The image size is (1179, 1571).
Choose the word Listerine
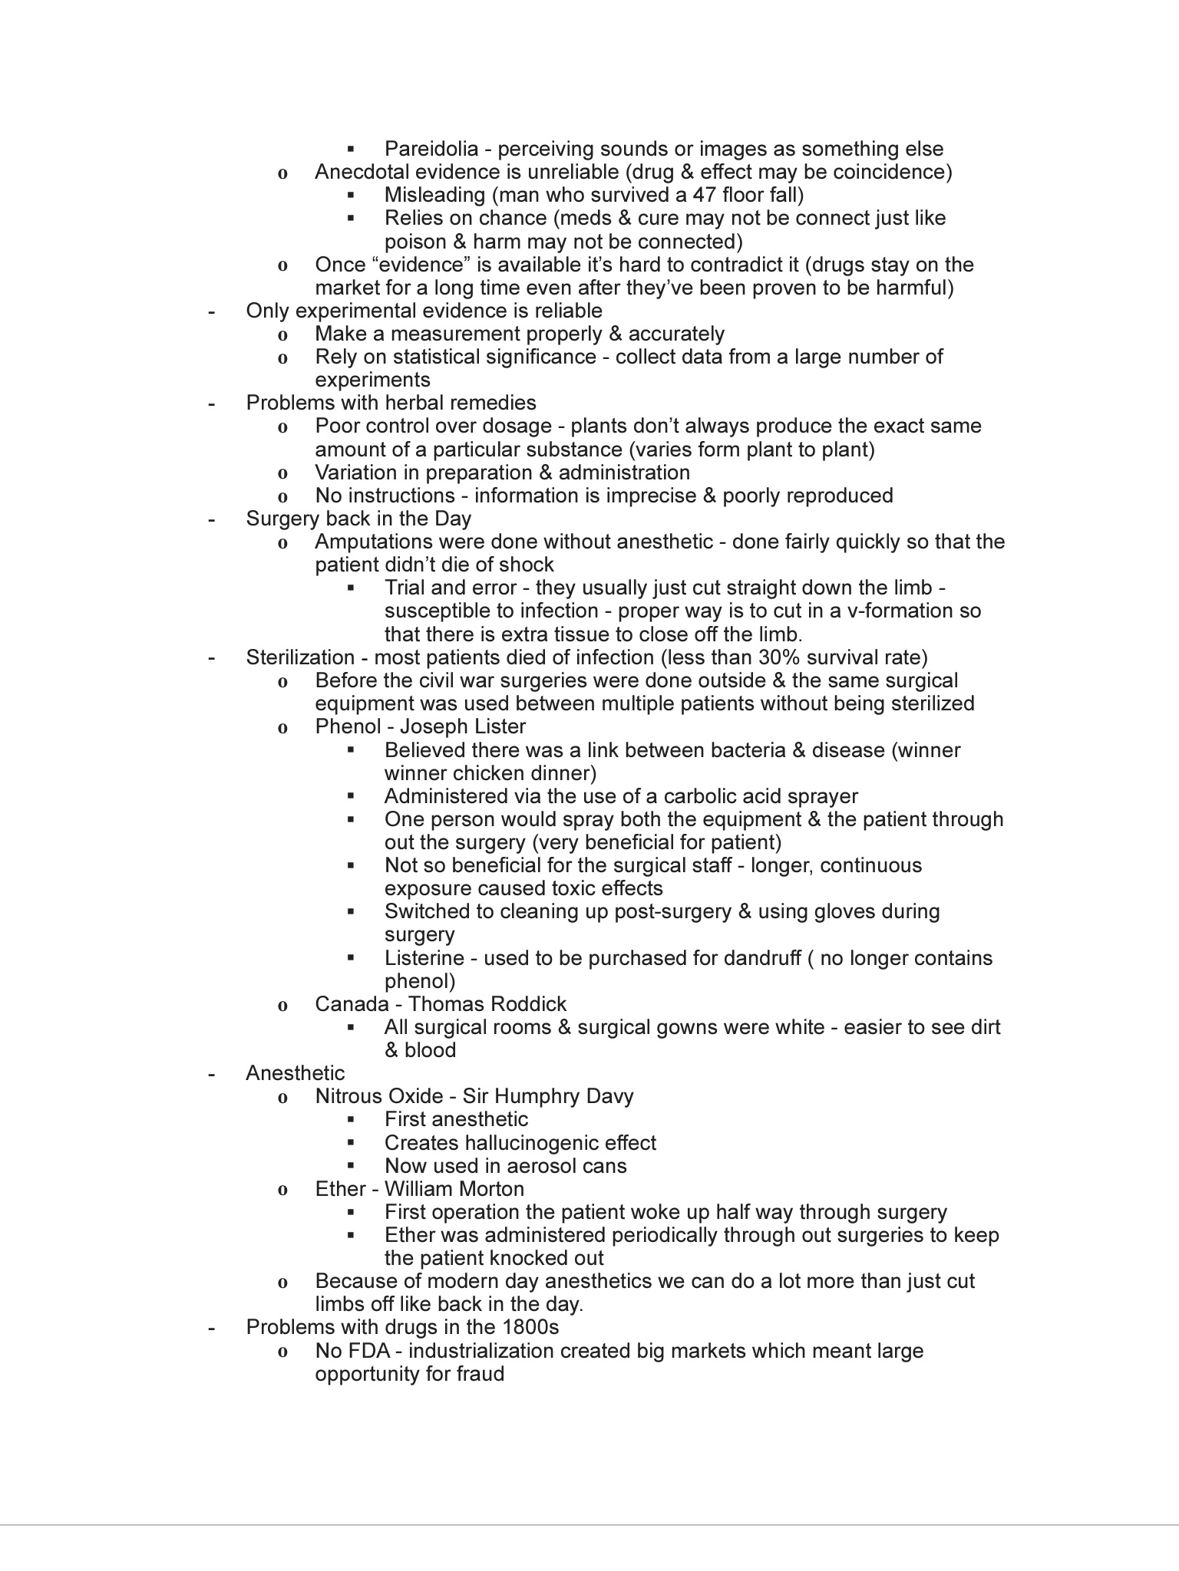424,958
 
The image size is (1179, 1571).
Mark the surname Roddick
528,1004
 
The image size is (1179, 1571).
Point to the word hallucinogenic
530,1143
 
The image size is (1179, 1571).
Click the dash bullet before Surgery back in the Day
211,519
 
